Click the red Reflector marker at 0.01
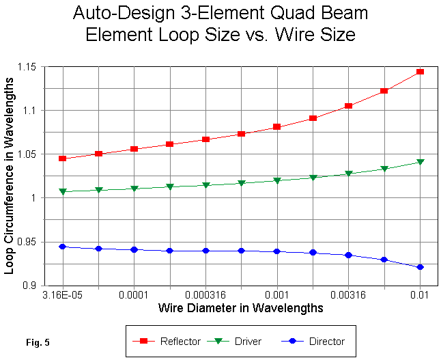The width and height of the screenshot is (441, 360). (x=420, y=72)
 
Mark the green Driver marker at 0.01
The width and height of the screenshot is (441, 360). (x=420, y=163)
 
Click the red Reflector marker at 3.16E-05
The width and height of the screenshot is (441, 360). (x=63, y=158)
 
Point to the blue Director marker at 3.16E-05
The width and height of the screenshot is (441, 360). (x=63, y=247)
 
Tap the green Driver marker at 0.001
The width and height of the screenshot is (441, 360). (x=277, y=181)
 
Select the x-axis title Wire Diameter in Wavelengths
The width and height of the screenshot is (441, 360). (x=241, y=308)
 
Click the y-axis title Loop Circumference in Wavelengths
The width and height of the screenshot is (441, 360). (x=10, y=176)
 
